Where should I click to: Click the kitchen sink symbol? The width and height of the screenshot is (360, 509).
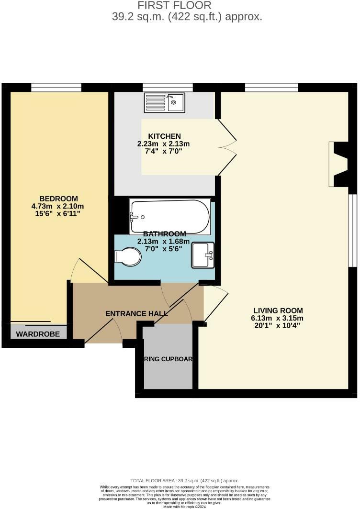click(x=165, y=102)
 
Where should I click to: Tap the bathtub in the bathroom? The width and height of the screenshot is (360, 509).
click(x=169, y=217)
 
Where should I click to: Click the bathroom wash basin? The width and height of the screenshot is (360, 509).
click(x=203, y=255)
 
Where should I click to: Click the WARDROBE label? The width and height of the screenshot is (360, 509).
click(x=38, y=334)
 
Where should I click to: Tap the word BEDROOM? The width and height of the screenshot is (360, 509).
click(x=58, y=199)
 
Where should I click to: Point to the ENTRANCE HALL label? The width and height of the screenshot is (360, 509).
click(x=136, y=314)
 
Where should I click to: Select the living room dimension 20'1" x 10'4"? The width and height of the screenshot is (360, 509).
click(x=278, y=326)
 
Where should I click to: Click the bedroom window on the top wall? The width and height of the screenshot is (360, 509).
click(x=56, y=88)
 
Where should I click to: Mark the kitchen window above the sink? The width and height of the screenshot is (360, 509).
click(x=168, y=88)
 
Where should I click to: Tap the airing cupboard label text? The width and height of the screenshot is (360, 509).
click(x=166, y=359)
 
